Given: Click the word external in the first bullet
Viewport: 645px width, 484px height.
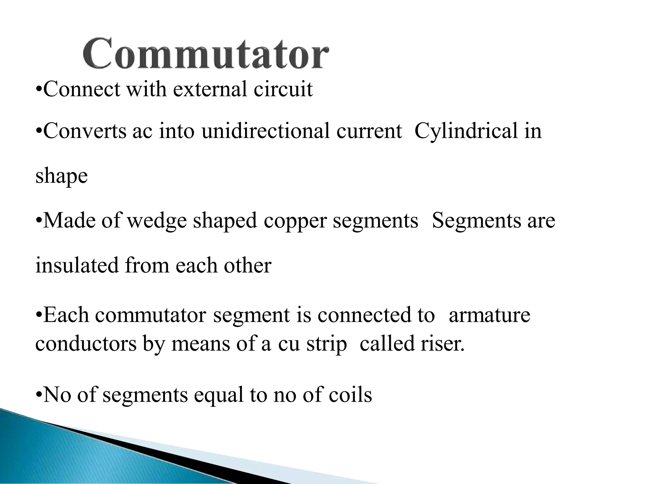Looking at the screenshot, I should point(210,89).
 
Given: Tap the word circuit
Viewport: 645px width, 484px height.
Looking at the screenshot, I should point(283,89).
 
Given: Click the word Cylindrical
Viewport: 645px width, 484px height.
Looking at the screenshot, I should point(466,131).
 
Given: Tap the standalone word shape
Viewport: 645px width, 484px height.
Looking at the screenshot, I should point(61,176).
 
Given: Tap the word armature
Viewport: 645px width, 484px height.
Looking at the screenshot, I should point(489,315).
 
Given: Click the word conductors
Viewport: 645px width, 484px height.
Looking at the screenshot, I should point(86,343).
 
